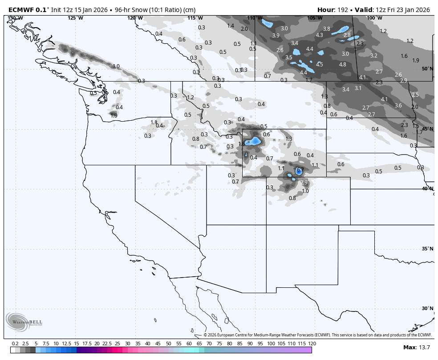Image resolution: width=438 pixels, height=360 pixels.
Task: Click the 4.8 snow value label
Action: pos(342,65)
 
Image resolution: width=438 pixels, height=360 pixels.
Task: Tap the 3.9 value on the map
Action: pos(276,36)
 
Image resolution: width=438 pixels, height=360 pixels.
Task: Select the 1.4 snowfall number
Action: pos(231,26)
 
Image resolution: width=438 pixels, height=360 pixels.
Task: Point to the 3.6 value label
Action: pos(398,106)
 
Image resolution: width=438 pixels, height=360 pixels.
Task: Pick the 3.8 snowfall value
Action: pos(326,29)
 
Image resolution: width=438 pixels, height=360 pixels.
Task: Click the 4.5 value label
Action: pos(319,65)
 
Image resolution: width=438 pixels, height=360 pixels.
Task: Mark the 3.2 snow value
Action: pos(373,56)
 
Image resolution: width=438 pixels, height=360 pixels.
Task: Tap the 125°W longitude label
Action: pos(75,18)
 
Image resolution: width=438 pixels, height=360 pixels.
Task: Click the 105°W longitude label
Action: pos(314,18)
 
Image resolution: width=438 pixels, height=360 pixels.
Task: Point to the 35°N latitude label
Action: pos(427,249)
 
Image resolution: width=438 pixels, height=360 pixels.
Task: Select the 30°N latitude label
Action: pos(427,308)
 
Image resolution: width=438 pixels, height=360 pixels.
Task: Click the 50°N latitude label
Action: pos(427,69)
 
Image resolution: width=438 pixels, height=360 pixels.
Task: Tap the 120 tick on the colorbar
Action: pos(312,344)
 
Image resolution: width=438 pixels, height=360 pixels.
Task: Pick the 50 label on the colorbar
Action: pos(168,344)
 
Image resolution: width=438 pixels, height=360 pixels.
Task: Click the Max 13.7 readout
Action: pos(417,347)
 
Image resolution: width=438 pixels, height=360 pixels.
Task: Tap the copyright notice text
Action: pos(318,335)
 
